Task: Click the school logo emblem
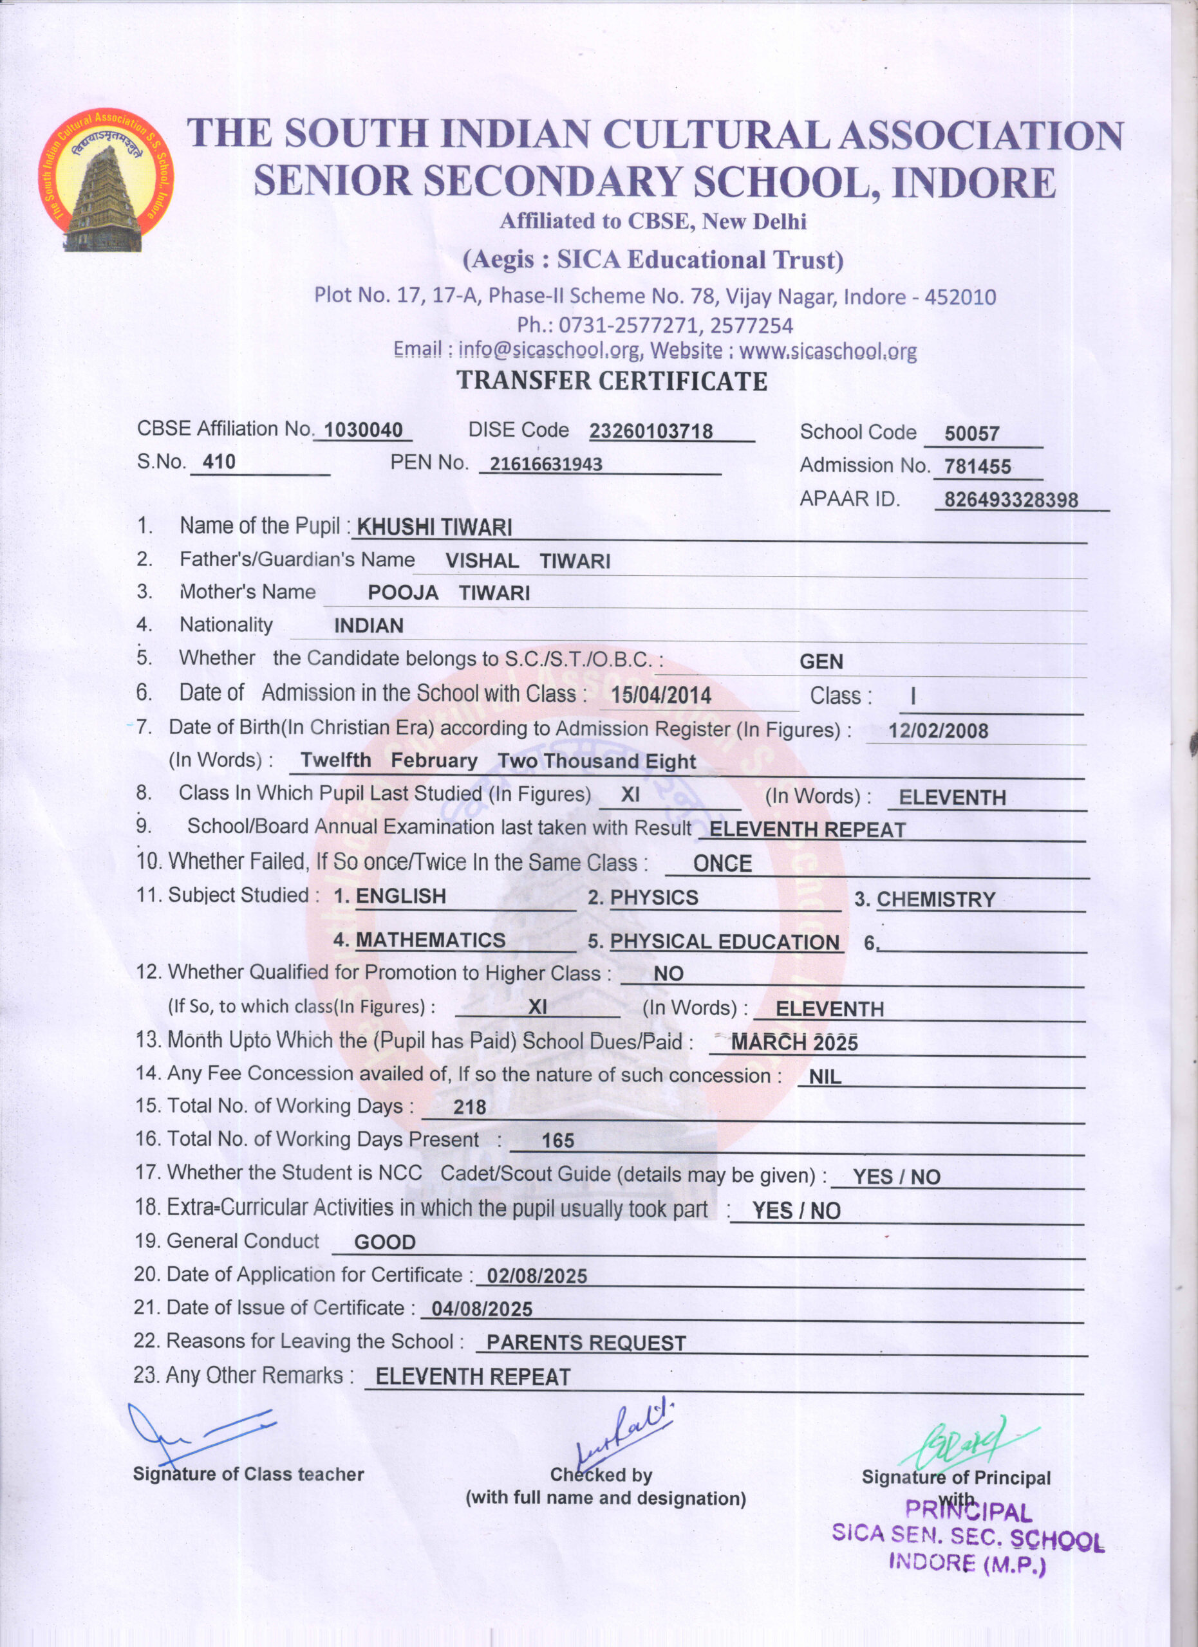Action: pyautogui.click(x=106, y=180)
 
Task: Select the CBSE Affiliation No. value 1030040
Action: pyautogui.click(x=363, y=430)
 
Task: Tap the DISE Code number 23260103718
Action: pyautogui.click(x=651, y=431)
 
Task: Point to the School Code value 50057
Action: pyautogui.click(x=971, y=434)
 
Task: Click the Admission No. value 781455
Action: pyautogui.click(x=977, y=466)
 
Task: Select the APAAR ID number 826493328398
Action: pyautogui.click(x=1011, y=500)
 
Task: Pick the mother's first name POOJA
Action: pyautogui.click(x=402, y=593)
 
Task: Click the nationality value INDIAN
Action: pyautogui.click(x=368, y=625)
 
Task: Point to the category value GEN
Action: pyautogui.click(x=821, y=661)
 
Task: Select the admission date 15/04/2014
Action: pyautogui.click(x=660, y=695)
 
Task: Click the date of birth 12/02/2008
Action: pyautogui.click(x=938, y=731)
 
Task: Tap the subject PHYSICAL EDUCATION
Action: pyautogui.click(x=724, y=942)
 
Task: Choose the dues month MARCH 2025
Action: pyautogui.click(x=794, y=1043)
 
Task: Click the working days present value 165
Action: pyautogui.click(x=558, y=1140)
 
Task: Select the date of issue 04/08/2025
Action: pyautogui.click(x=482, y=1309)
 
